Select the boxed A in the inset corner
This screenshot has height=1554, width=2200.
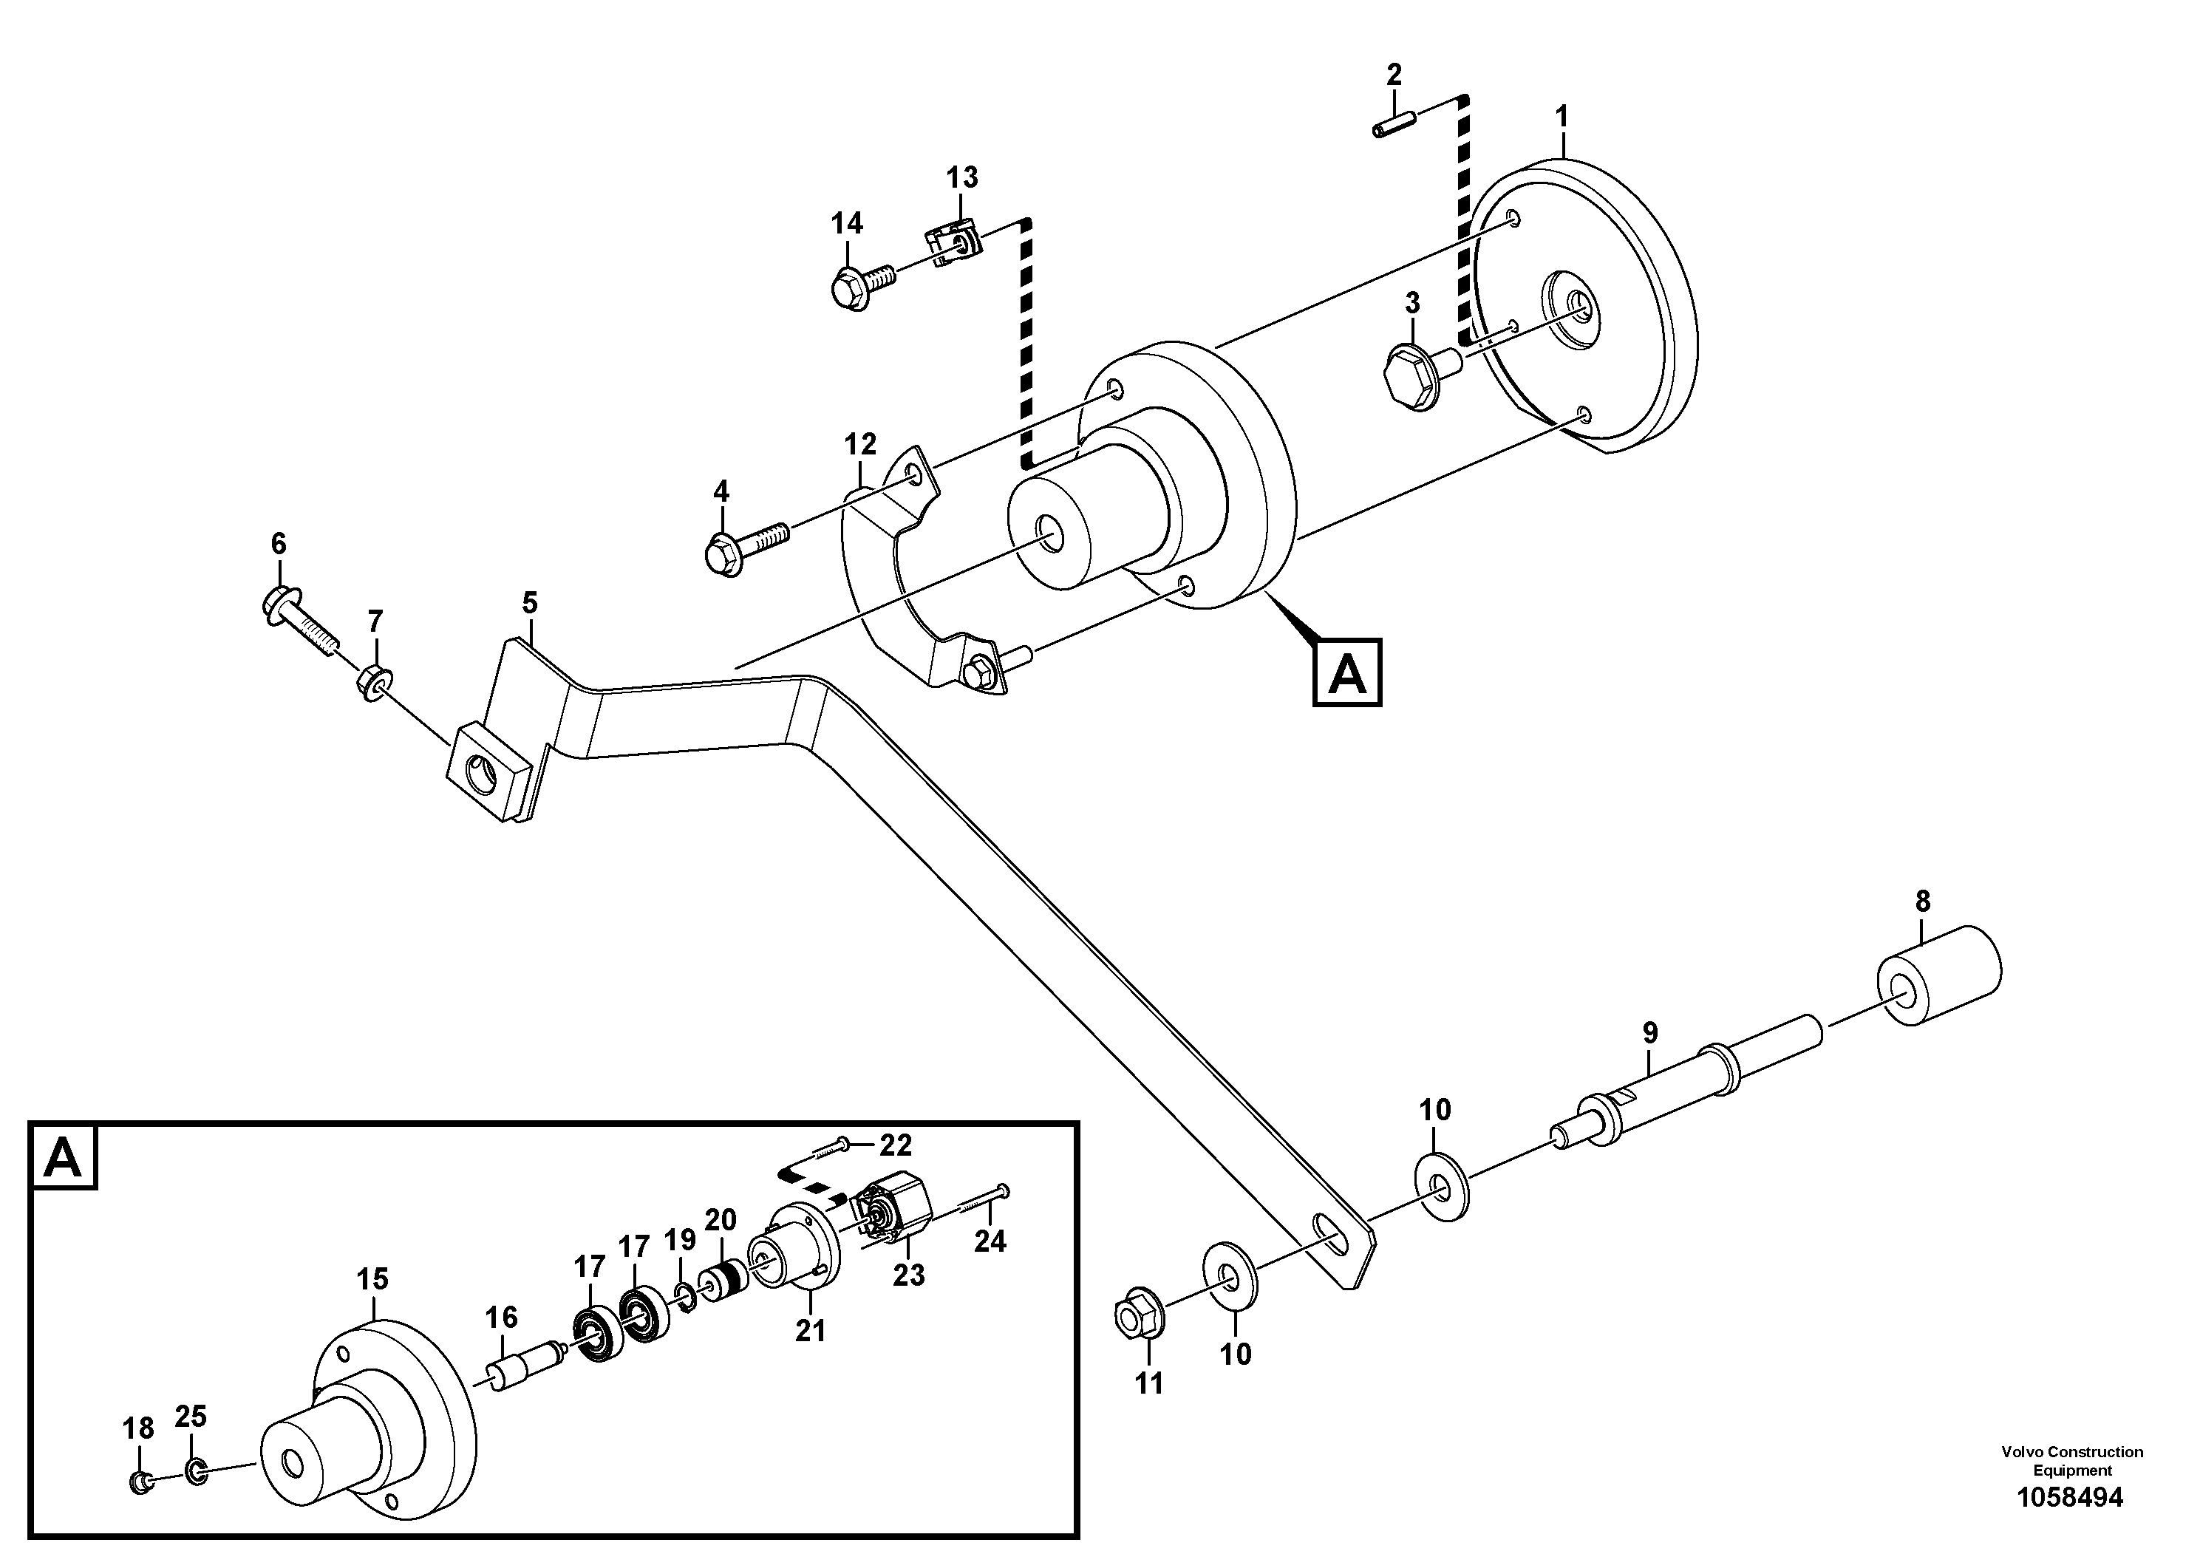64,1157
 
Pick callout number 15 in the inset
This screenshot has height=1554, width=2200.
372,1278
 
